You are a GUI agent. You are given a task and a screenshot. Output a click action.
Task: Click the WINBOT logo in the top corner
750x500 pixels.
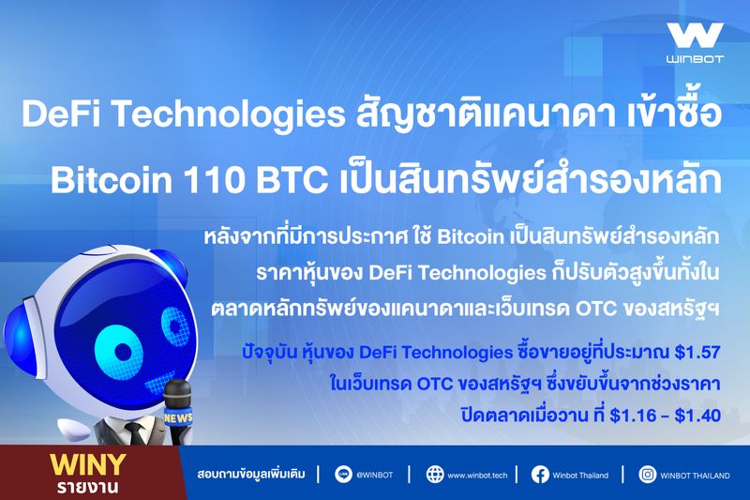tap(695, 43)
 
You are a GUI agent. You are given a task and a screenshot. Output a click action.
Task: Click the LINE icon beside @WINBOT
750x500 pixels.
tap(340, 475)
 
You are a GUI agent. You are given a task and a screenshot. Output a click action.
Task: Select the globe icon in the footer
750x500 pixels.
tap(434, 475)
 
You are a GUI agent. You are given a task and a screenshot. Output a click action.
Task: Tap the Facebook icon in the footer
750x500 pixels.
tap(540, 475)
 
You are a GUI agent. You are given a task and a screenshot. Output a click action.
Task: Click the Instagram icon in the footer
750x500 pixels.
tap(647, 475)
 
